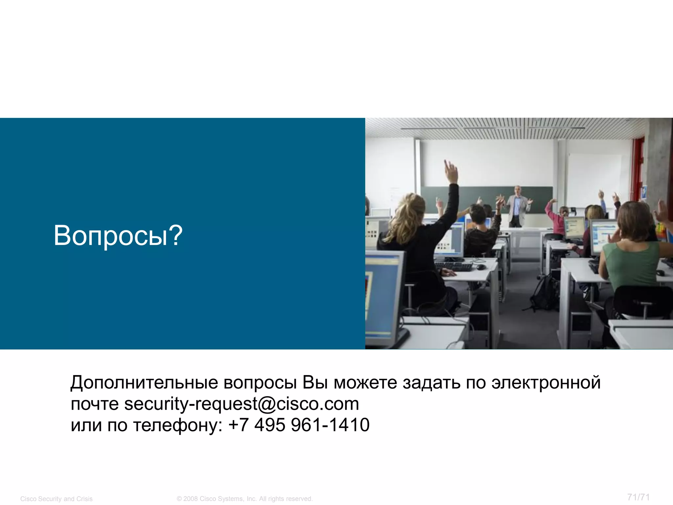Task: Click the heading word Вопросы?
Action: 118,235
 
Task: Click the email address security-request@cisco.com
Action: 242,404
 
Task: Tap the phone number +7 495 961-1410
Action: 299,425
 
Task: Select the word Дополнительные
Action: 144,383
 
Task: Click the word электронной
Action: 546,383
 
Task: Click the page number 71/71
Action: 638,497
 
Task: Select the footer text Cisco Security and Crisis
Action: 57,499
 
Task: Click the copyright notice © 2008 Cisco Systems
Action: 244,499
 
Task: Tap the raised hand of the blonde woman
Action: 451,171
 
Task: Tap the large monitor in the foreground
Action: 383,296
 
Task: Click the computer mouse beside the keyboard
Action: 480,267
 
